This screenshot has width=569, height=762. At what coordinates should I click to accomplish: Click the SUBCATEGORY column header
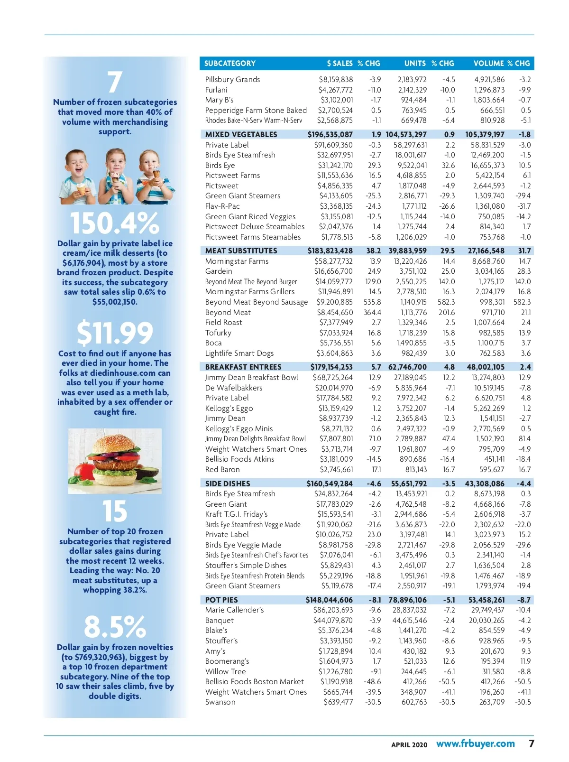(230, 63)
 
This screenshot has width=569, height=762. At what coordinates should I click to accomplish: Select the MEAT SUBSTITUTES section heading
(241, 251)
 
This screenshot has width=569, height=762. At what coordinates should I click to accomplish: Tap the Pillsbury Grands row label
(232, 79)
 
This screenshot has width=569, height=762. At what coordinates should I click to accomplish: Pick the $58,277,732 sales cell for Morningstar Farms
(333, 261)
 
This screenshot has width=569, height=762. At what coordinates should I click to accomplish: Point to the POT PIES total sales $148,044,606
(329, 600)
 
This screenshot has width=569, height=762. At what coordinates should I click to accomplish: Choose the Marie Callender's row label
(234, 610)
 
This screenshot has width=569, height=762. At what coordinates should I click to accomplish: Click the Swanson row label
(220, 702)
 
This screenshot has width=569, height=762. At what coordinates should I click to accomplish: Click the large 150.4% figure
(115, 223)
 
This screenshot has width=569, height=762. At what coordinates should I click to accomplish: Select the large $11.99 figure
(115, 333)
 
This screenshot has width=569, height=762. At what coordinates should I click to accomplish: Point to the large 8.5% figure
(115, 627)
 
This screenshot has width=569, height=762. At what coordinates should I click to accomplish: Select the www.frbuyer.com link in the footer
(475, 743)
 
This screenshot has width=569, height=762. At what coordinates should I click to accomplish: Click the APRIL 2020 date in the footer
(409, 745)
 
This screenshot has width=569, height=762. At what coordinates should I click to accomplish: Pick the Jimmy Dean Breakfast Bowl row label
(251, 377)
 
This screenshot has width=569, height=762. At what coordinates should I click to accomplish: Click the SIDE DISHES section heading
(228, 483)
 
